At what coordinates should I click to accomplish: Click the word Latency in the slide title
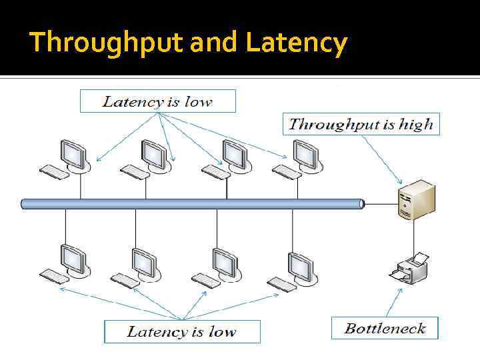pyautogui.click(x=296, y=43)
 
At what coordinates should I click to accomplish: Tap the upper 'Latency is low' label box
pyautogui.click(x=157, y=101)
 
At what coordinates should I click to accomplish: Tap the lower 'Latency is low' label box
pyautogui.click(x=181, y=331)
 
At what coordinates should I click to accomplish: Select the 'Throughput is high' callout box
pyautogui.click(x=361, y=124)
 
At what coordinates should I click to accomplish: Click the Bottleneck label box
pyautogui.click(x=385, y=328)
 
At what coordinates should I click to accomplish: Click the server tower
pyautogui.click(x=415, y=200)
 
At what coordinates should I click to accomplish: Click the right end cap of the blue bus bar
pyautogui.click(x=362, y=203)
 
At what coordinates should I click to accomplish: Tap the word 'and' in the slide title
pyautogui.click(x=215, y=43)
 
